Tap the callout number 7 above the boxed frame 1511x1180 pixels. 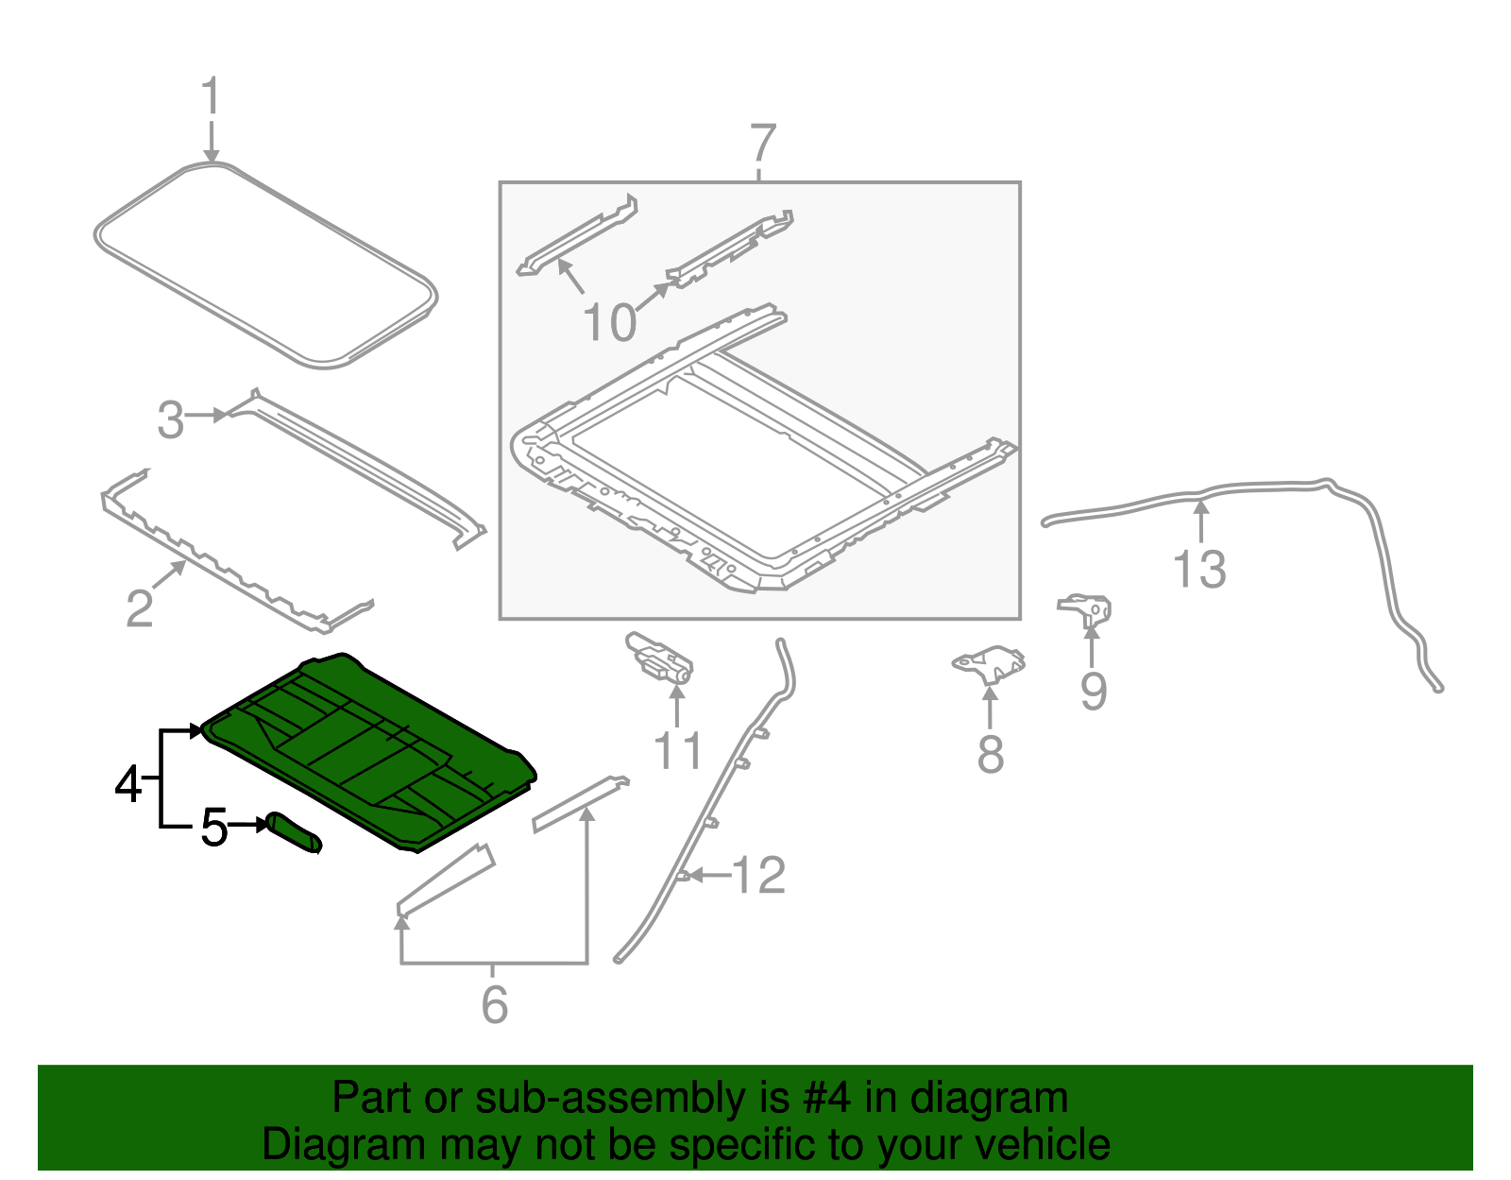click(762, 145)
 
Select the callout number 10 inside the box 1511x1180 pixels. click(610, 323)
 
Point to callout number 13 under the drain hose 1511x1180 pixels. click(1199, 570)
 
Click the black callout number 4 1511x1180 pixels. click(128, 784)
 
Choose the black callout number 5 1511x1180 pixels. click(214, 829)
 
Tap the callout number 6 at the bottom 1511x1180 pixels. click(494, 1004)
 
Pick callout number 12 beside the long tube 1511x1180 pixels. click(758, 876)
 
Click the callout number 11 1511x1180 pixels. click(677, 752)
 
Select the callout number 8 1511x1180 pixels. click(990, 755)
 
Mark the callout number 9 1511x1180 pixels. click(1093, 692)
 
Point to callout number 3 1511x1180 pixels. click(171, 420)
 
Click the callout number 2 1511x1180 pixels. click(140, 608)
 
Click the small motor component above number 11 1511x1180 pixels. click(660, 658)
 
